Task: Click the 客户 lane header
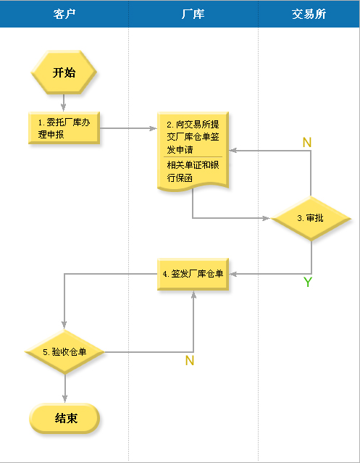(x=64, y=14)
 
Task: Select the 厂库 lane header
(x=193, y=14)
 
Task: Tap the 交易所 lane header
(x=309, y=14)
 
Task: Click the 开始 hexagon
(x=64, y=72)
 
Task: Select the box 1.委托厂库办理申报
(x=64, y=128)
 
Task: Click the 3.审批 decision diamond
(x=311, y=218)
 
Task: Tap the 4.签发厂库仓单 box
(x=193, y=274)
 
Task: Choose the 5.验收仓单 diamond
(x=64, y=351)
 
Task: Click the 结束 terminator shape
(x=64, y=418)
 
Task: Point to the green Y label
(x=307, y=282)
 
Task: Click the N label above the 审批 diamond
(x=307, y=142)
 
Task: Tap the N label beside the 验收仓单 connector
(x=190, y=361)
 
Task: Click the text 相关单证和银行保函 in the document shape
(x=193, y=171)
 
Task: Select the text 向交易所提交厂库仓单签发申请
(x=193, y=137)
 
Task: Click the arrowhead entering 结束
(x=64, y=399)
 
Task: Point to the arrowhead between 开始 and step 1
(x=64, y=107)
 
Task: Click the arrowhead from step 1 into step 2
(x=153, y=128)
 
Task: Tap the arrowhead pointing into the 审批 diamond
(x=266, y=218)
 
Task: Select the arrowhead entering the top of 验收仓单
(x=64, y=325)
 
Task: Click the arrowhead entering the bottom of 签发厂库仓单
(x=193, y=295)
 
